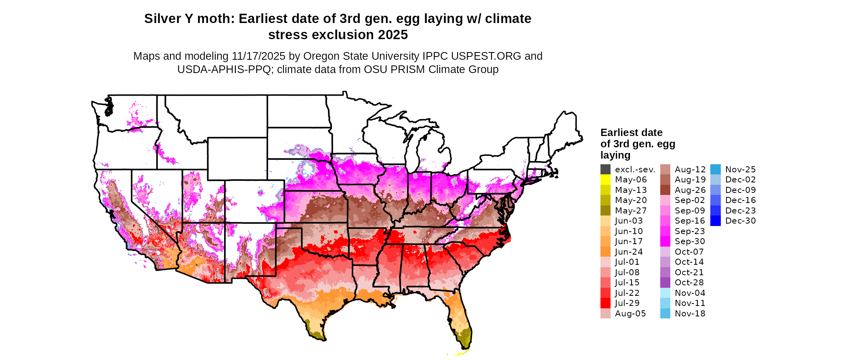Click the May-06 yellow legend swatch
pyautogui.click(x=605, y=180)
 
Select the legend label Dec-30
pyautogui.click(x=740, y=221)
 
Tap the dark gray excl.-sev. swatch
pyautogui.click(x=605, y=170)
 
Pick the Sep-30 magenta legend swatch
pyautogui.click(x=665, y=241)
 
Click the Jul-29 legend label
pyautogui.click(x=627, y=303)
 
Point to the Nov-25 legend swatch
pyautogui.click(x=715, y=170)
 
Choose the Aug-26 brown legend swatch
pyautogui.click(x=665, y=190)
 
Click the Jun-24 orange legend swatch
pyautogui.click(x=605, y=252)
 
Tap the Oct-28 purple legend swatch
pyautogui.click(x=665, y=283)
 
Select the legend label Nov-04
pyautogui.click(x=690, y=293)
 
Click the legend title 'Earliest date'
pyautogui.click(x=631, y=133)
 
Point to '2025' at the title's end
pyautogui.click(x=393, y=35)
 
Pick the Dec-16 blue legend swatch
pyautogui.click(x=715, y=200)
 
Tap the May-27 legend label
pyautogui.click(x=630, y=211)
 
